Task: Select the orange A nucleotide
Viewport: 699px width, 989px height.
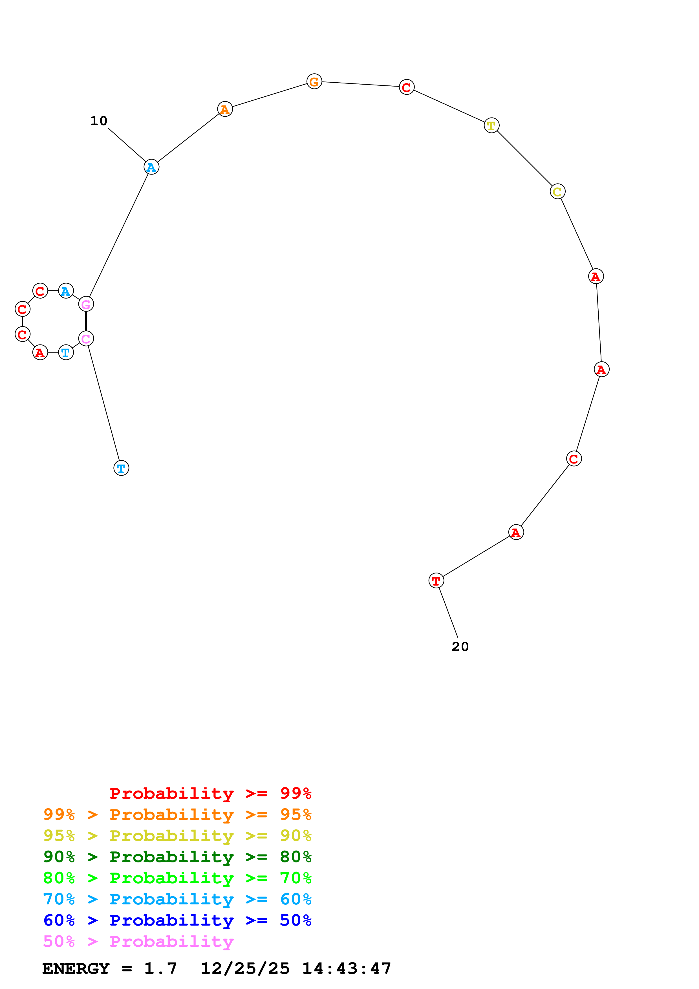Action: (225, 109)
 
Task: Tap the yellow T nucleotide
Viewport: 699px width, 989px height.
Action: (491, 126)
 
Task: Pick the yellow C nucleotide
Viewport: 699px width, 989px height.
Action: (557, 192)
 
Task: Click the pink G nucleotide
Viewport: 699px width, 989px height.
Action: (86, 304)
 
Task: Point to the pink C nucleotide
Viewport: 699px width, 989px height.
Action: (86, 339)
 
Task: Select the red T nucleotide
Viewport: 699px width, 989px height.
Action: (436, 581)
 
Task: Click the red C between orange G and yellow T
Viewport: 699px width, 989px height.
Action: (407, 87)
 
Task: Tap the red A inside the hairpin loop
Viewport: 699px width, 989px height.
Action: (40, 353)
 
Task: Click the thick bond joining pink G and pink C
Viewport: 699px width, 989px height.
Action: (86, 322)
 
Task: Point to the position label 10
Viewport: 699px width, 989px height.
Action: (99, 121)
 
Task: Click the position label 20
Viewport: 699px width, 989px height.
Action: (460, 646)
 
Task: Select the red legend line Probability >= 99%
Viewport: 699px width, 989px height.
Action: (210, 793)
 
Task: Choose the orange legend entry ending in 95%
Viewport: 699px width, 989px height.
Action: (177, 814)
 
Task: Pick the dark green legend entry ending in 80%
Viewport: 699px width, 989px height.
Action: (177, 857)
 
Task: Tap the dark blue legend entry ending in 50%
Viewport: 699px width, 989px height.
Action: (177, 920)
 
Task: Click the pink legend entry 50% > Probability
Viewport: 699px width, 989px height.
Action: (138, 941)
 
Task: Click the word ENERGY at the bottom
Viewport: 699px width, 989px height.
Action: (76, 968)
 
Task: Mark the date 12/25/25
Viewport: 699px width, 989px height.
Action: (245, 968)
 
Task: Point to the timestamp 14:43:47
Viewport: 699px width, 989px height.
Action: (346, 968)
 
